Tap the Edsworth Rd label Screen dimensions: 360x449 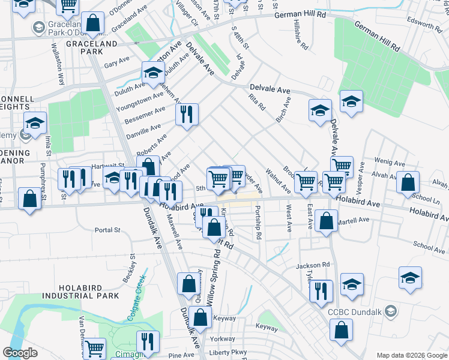click(424, 25)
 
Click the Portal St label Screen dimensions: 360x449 click(108, 229)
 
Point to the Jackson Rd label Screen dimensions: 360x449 click(313, 265)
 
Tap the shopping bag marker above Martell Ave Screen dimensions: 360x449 click(326, 220)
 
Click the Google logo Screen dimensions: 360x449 click(20, 353)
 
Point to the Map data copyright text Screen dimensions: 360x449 click(411, 355)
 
